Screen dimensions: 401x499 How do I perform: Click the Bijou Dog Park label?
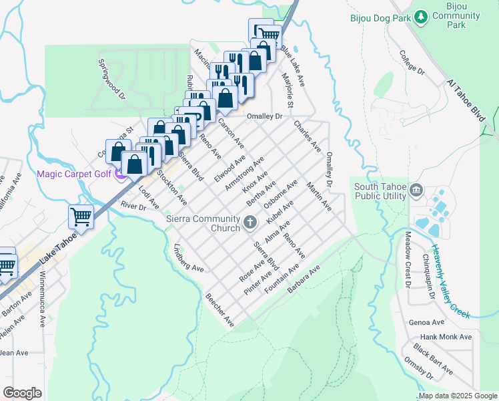[x=380, y=18]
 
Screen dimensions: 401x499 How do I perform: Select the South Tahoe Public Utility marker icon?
[x=418, y=191]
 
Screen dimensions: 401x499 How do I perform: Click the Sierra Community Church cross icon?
[x=251, y=223]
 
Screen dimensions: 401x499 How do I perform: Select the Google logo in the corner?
[x=22, y=392]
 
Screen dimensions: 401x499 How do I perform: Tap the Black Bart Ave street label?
[x=434, y=359]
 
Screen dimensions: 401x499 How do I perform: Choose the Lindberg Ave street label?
[x=187, y=257]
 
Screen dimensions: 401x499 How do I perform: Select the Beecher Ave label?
[x=219, y=311]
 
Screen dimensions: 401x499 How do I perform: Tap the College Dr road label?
[x=412, y=61]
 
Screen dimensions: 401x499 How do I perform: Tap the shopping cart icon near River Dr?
[x=81, y=217]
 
